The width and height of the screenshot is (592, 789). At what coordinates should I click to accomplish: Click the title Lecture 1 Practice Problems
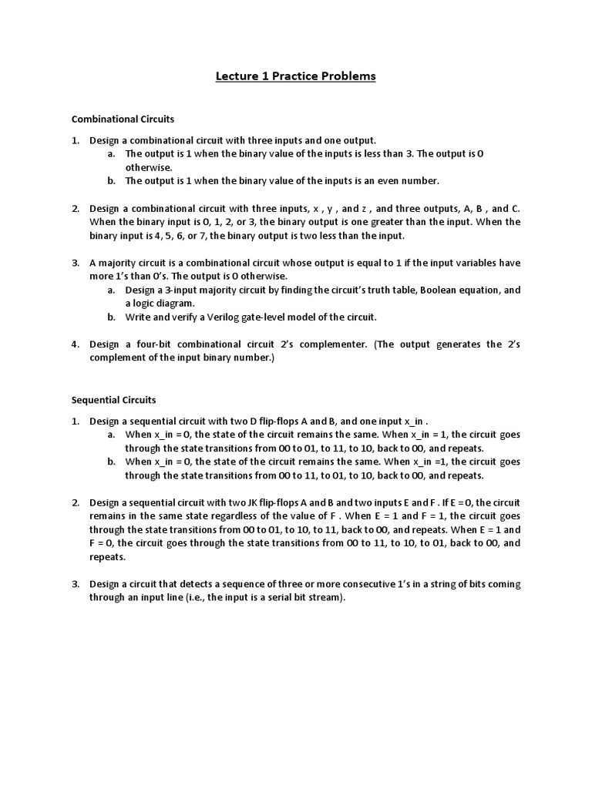tap(296, 76)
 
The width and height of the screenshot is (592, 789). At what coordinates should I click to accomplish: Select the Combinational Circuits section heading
tap(123, 119)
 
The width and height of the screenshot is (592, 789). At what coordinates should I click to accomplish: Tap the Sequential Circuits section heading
tap(113, 400)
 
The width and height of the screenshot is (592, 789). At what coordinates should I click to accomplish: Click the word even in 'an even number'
tap(371, 181)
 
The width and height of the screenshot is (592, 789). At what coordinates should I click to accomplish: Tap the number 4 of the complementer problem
tap(76, 344)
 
